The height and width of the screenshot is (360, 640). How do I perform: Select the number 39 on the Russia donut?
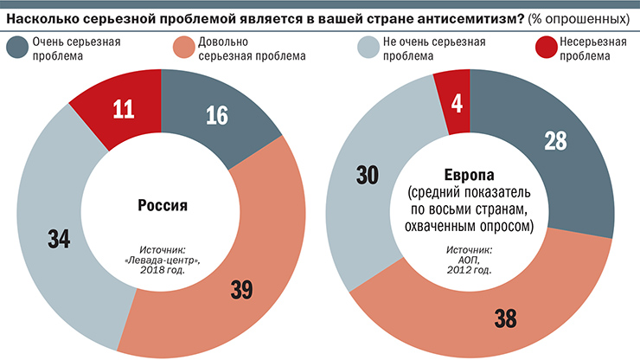240,291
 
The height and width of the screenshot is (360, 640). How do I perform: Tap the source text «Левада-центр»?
163,256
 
